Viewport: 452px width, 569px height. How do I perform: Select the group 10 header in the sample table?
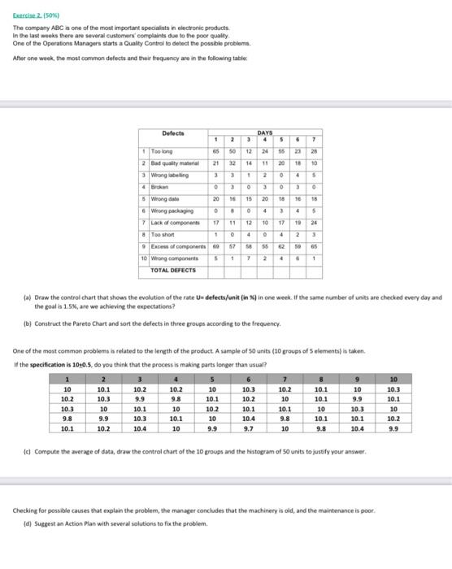tap(417, 377)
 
